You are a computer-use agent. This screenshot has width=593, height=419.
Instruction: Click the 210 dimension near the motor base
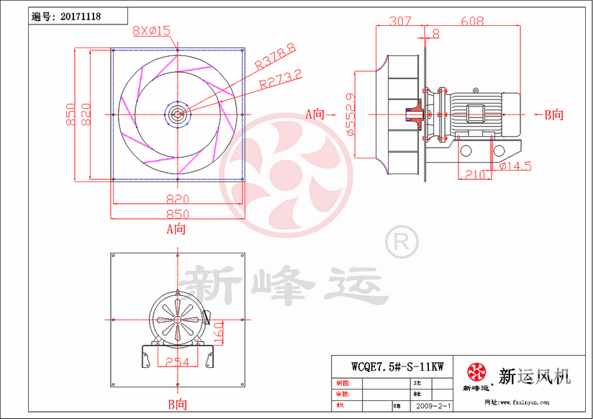pos(474,174)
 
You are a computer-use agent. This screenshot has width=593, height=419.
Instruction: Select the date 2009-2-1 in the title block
pos(433,407)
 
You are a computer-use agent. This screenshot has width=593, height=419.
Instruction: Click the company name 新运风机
pos(534,375)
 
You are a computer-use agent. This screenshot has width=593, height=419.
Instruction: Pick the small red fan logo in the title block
pos(476,372)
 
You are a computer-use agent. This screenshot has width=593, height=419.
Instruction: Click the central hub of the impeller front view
pos(177,114)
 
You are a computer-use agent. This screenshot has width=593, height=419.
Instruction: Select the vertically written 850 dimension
pos(71,114)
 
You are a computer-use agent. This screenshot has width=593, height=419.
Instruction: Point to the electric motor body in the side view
pos(479,114)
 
